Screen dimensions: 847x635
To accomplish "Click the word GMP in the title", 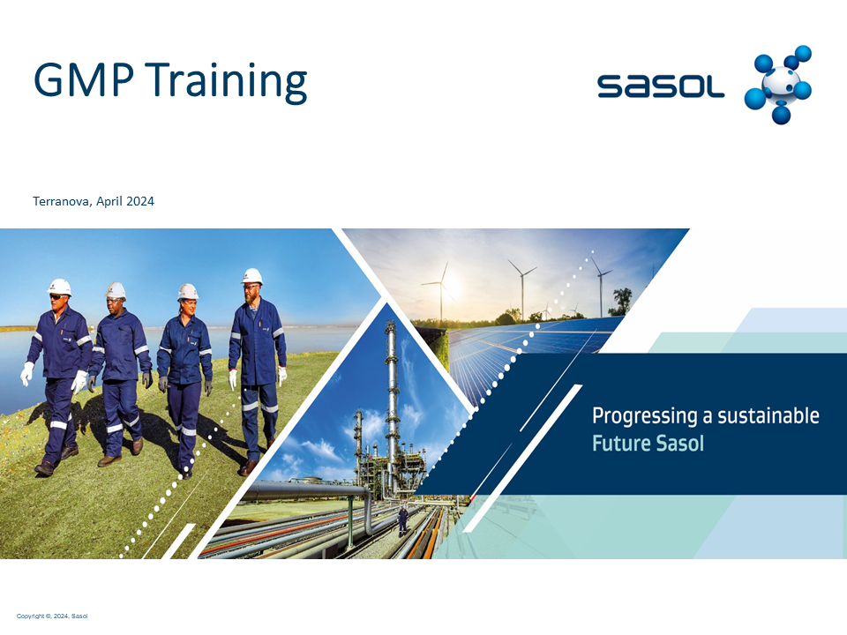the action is tap(84, 79).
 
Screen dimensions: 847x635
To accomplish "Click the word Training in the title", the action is tap(226, 81).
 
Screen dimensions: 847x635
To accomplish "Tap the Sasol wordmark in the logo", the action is tap(661, 86).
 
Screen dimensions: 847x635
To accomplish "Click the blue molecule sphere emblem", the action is tap(778, 85).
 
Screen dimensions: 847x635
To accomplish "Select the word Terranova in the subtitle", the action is tap(62, 201).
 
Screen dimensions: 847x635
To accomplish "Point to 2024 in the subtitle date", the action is tap(140, 201).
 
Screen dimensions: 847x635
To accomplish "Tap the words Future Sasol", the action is tap(648, 444).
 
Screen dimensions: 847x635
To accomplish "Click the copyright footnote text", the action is tap(52, 616).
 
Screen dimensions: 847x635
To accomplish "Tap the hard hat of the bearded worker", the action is tap(251, 276).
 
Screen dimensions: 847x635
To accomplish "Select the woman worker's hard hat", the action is tap(187, 292).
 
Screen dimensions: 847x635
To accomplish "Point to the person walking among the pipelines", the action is tap(402, 521).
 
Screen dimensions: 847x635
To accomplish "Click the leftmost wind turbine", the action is tap(441, 292).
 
